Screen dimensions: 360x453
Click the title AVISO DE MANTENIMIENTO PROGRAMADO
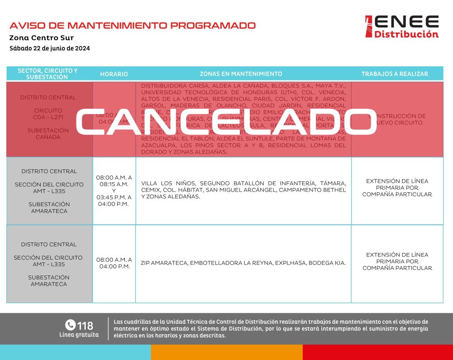[132, 25]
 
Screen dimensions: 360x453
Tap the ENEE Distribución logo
[402, 27]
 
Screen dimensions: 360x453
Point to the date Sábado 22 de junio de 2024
[50, 48]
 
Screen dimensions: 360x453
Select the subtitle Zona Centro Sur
[42, 38]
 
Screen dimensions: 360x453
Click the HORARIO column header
[114, 74]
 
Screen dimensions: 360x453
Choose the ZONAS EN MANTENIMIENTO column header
[241, 74]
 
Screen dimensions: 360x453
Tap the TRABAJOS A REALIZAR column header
[395, 74]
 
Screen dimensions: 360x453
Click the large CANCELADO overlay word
[226, 122]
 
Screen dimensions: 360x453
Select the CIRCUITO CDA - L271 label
[48, 114]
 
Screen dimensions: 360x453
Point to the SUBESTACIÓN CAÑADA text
[48, 134]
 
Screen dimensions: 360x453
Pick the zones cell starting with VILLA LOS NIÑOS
[243, 190]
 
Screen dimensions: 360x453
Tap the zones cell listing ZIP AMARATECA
[243, 263]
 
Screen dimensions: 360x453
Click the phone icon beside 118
[70, 325]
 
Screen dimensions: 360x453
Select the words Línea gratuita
[79, 335]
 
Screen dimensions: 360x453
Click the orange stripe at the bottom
[226, 352]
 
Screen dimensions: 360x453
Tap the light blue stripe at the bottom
[75, 352]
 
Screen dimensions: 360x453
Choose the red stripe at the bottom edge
[378, 352]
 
